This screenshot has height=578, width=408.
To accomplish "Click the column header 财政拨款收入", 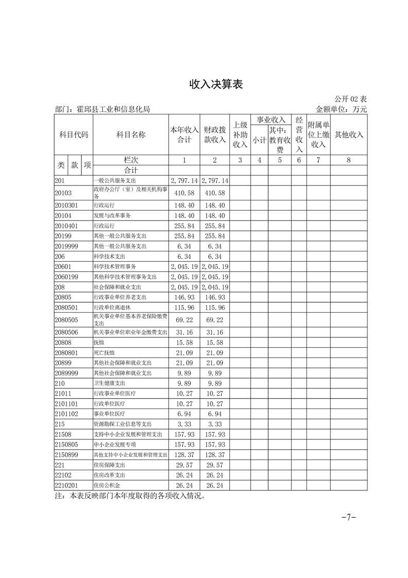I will click(x=215, y=134).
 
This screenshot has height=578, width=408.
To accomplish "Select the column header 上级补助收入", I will click(x=240, y=134).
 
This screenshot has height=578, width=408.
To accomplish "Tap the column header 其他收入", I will click(x=349, y=134).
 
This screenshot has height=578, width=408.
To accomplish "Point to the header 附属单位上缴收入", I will click(x=318, y=134).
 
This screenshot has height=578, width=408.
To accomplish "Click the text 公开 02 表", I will click(x=350, y=99).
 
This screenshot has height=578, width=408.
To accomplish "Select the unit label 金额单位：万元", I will click(x=341, y=109).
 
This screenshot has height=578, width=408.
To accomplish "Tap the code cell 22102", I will click(x=63, y=475).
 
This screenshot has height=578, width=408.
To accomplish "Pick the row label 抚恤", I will click(x=98, y=343).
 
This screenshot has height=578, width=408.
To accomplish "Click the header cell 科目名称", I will click(x=131, y=134).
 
